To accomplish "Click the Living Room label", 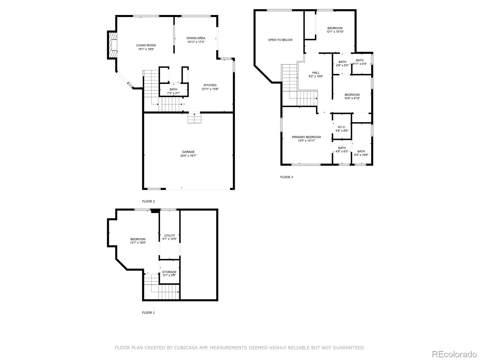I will click(146, 45).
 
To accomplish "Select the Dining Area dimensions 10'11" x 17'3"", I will click(196, 42).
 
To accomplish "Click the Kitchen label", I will click(210, 85).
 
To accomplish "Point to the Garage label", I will click(188, 152).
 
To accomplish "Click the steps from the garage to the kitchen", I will click(194, 118).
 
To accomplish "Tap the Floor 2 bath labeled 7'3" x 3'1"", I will click(173, 91).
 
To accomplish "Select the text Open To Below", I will click(280, 40).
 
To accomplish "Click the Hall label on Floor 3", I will click(316, 73).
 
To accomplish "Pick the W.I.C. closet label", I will click(342, 127).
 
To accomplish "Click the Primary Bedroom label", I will click(306, 137).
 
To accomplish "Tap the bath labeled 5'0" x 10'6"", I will click(361, 153).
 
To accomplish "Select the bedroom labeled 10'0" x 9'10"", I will click(352, 96).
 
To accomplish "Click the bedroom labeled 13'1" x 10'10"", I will click(335, 30).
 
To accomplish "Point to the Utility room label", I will click(169, 235).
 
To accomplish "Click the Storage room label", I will click(169, 272).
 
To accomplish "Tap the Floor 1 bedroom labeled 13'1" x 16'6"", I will click(138, 241).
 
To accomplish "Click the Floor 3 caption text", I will click(286, 177).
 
